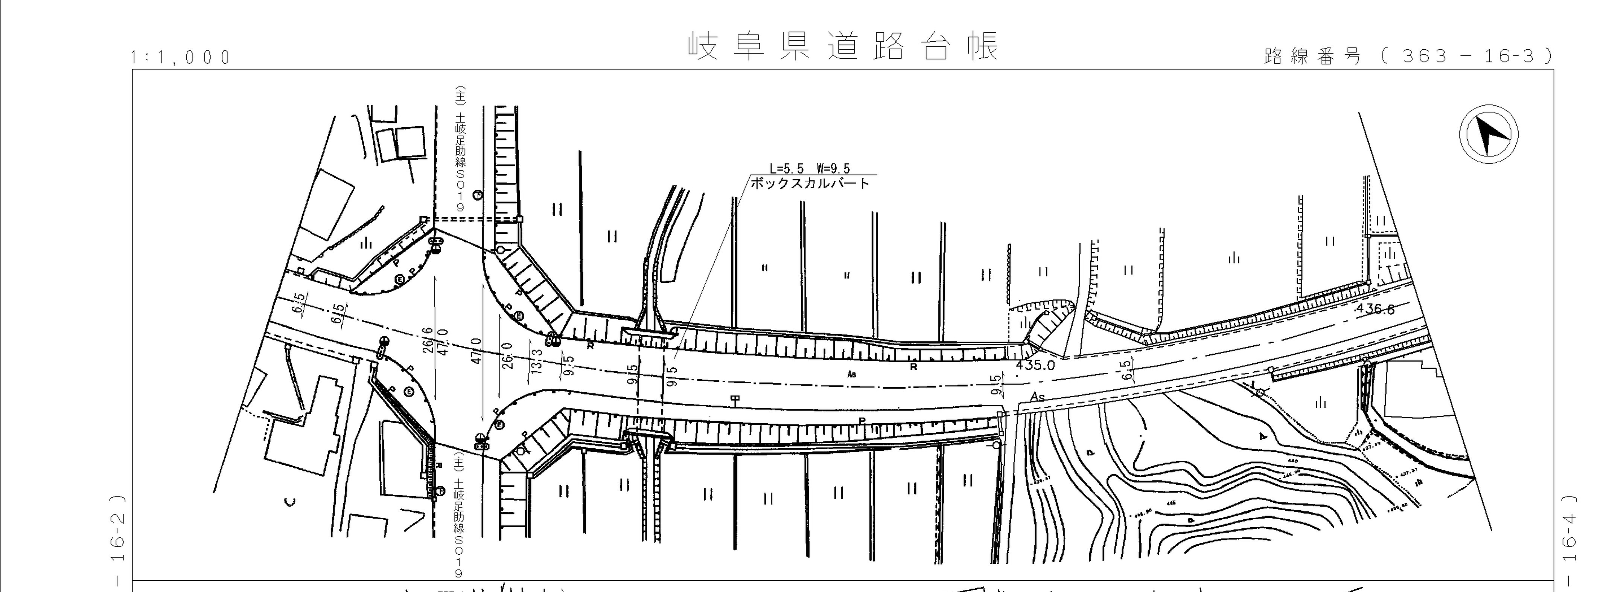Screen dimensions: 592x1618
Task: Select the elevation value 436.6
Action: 1376,309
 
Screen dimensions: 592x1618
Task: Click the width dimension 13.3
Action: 536,362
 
